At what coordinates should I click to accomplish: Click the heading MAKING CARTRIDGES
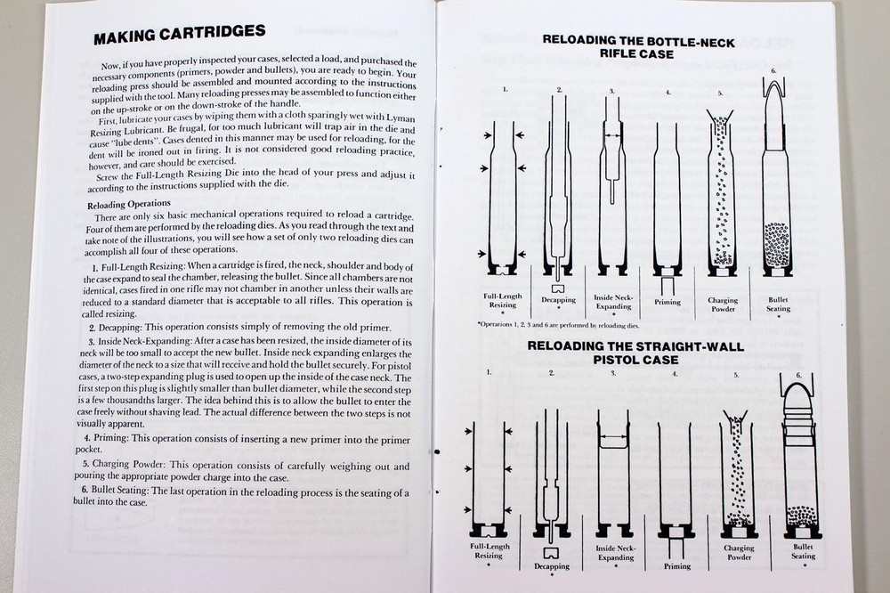click(179, 33)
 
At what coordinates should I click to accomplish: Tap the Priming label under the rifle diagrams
click(667, 302)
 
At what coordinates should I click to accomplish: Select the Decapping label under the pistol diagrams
click(552, 565)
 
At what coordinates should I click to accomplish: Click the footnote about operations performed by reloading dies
click(569, 326)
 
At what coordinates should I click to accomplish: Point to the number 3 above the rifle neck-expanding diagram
click(612, 91)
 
